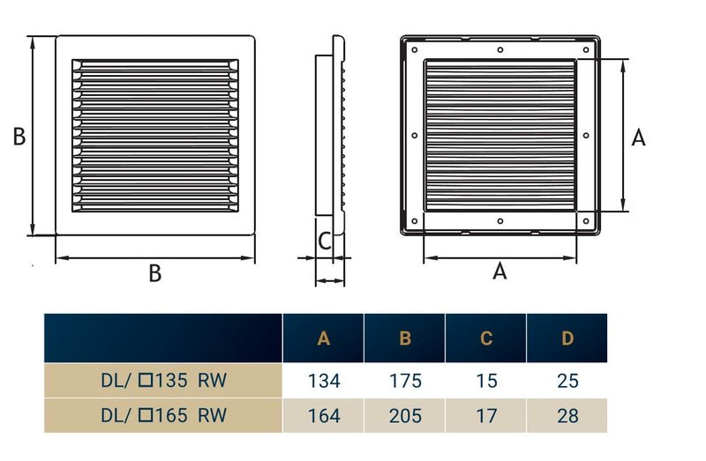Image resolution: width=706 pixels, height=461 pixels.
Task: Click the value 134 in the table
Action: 324,382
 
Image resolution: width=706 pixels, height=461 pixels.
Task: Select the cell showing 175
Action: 405,382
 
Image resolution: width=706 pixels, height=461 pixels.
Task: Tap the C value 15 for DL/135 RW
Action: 486,382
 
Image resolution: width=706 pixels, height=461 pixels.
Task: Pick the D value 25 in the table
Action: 567,382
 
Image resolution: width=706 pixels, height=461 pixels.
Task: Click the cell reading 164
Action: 324,415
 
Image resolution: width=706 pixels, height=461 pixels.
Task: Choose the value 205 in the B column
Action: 405,415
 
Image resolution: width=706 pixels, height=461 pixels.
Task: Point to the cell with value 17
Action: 486,415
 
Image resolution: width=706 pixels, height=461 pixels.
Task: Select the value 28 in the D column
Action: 567,415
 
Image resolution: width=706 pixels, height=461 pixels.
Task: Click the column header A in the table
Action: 324,338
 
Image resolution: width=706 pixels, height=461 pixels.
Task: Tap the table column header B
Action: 405,338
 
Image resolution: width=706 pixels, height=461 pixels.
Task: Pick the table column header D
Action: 567,338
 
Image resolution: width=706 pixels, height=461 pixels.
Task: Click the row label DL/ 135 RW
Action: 163,382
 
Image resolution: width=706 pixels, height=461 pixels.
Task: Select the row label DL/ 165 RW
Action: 163,415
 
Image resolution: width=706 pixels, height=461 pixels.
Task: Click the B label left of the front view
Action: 19,137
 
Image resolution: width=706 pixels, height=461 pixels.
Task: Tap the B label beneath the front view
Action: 154,273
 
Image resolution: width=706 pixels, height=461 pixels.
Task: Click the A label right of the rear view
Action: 639,137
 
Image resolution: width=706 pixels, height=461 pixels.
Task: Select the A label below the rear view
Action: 499,271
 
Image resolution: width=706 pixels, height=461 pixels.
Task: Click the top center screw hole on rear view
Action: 500,50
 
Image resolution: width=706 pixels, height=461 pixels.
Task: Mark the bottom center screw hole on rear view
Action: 500,221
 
